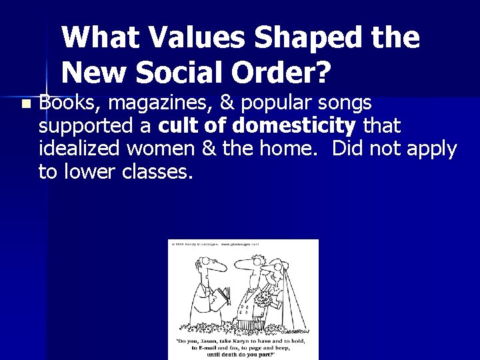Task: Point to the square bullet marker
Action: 25,105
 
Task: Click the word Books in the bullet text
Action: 67,104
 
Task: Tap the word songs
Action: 344,105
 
